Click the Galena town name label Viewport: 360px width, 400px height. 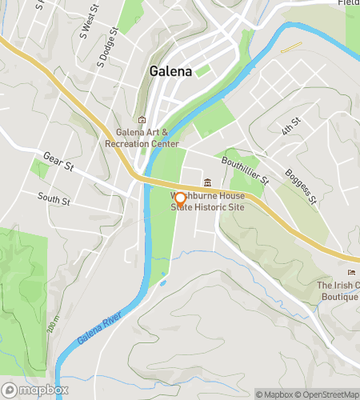[x=170, y=71]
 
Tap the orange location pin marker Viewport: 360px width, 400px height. [x=180, y=199]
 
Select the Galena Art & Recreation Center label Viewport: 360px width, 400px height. [x=142, y=138]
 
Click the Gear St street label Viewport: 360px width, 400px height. [x=58, y=162]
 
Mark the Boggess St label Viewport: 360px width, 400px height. [x=302, y=184]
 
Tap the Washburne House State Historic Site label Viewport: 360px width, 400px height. [x=207, y=201]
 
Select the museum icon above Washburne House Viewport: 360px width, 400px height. [x=208, y=182]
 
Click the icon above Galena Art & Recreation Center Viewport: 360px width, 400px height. [x=142, y=120]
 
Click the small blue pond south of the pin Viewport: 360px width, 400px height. [x=163, y=282]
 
